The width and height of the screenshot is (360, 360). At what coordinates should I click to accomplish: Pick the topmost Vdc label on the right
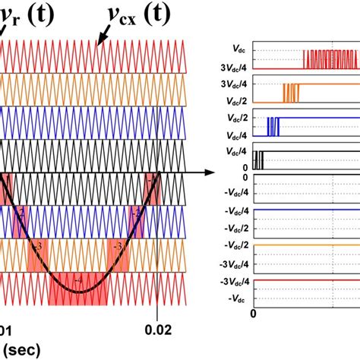[235, 51]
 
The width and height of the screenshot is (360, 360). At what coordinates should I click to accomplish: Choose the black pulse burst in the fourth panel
[259, 159]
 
